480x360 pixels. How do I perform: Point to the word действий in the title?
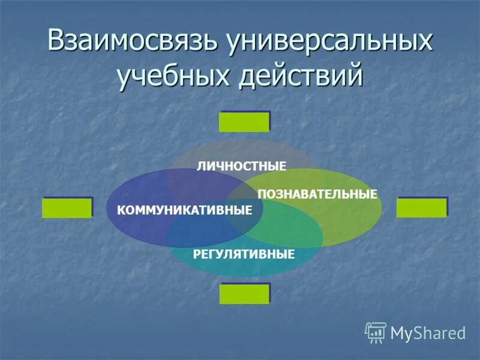302,78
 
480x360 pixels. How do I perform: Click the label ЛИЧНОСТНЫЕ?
241,166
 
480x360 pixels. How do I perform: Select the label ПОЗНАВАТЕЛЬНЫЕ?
317,194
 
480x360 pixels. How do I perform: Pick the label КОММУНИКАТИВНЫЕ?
184,210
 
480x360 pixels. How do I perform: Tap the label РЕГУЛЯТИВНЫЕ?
244,254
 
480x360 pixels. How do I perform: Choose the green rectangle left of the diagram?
67,208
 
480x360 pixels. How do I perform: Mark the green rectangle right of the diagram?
421,208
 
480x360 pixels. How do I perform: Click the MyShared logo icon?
376,332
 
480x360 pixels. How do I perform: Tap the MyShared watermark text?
428,332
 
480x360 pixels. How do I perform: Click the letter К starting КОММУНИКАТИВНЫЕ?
121,210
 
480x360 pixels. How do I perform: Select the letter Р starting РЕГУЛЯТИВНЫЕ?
196,254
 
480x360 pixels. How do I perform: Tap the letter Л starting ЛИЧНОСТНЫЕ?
200,166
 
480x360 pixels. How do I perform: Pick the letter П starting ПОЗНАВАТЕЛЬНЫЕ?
261,194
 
